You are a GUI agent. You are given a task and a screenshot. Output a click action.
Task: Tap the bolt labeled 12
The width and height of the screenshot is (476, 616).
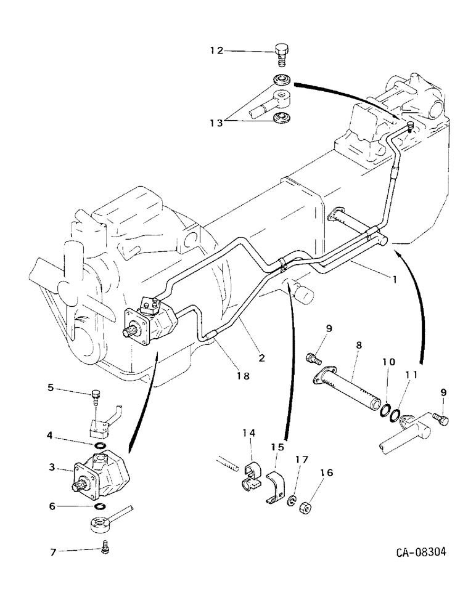click(x=281, y=55)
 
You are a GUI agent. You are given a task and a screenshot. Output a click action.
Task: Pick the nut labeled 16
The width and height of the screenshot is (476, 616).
click(x=306, y=511)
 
